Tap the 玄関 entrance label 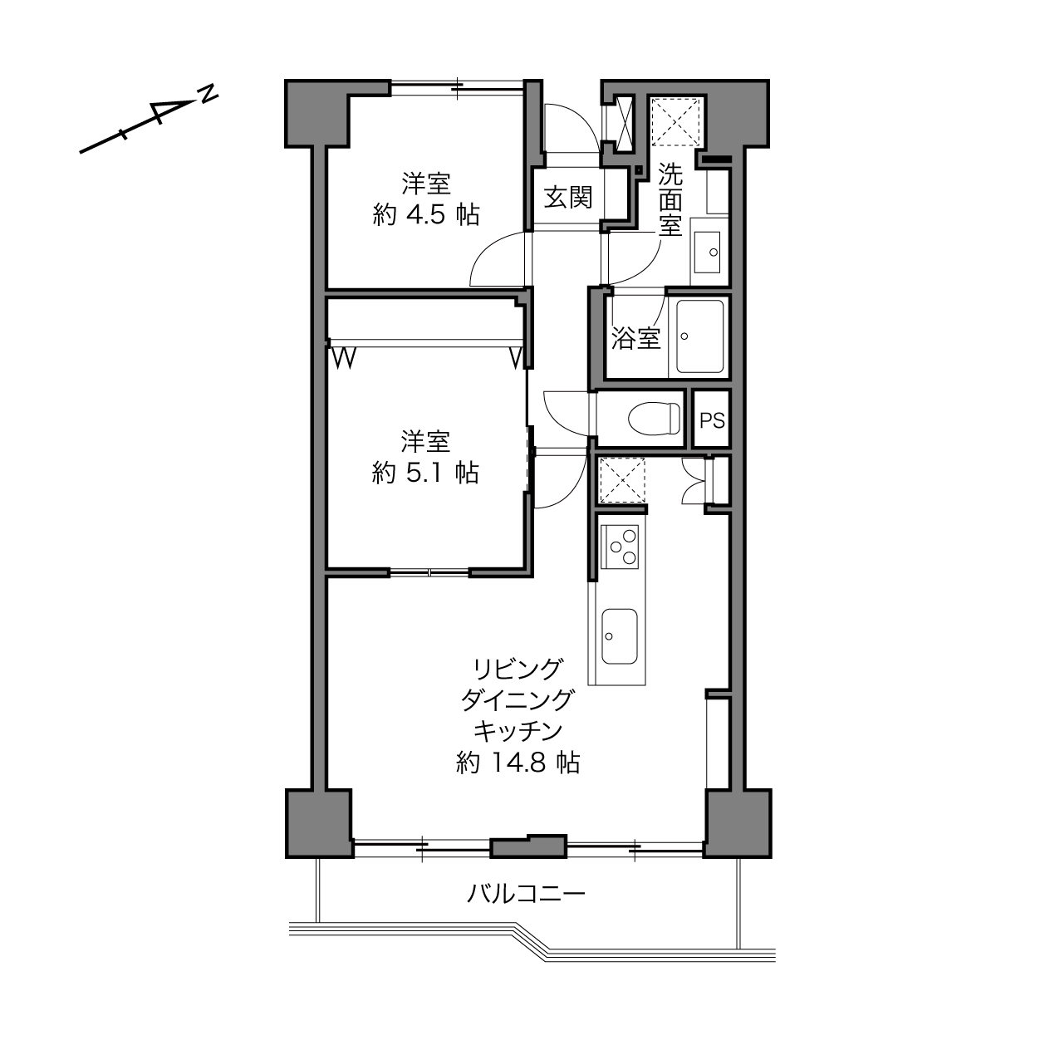click(x=567, y=198)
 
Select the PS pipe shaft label click(x=712, y=420)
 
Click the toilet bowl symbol click(x=654, y=418)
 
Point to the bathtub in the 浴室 click(x=699, y=336)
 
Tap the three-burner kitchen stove click(x=620, y=547)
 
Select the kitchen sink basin click(x=620, y=637)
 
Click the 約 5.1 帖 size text click(x=425, y=473)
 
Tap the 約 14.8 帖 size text click(x=518, y=763)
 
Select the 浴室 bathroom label click(x=635, y=338)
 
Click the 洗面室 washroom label click(x=670, y=199)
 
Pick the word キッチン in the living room click(x=518, y=731)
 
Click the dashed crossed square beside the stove click(x=621, y=480)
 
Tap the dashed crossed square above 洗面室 click(x=677, y=121)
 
